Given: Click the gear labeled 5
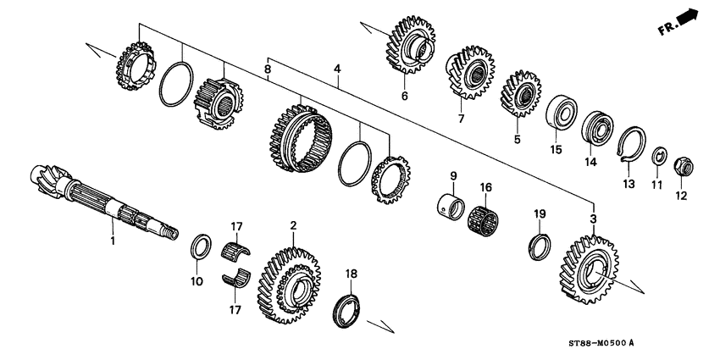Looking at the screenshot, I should point(522,94).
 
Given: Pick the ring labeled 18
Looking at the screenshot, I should point(346,307).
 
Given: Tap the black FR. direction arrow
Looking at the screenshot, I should point(689,16).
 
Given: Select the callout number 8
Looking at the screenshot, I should point(268,69).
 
